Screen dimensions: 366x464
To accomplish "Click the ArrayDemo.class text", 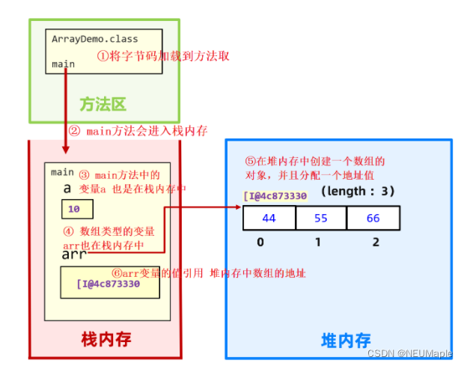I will click(x=94, y=39).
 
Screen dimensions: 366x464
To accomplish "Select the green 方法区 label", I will click(x=102, y=103).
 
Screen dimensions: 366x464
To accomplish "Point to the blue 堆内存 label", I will click(x=346, y=341).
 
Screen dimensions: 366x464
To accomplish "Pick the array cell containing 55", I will click(x=321, y=218).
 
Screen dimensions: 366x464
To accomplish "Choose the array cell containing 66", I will click(x=373, y=218).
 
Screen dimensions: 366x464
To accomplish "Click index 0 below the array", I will click(x=259, y=242).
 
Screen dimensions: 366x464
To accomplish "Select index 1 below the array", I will click(x=318, y=242).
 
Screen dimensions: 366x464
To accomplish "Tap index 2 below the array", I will click(x=375, y=242).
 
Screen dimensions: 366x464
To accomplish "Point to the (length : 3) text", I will click(x=358, y=192).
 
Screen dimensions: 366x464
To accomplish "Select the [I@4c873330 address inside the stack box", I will click(x=109, y=284).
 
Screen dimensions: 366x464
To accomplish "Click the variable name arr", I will click(x=74, y=254).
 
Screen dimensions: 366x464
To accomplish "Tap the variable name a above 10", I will click(x=67, y=189).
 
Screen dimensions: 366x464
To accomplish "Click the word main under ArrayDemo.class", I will click(x=63, y=64).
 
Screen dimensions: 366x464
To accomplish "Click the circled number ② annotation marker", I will click(x=74, y=130).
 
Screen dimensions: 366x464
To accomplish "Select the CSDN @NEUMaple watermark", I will click(x=420, y=353).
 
